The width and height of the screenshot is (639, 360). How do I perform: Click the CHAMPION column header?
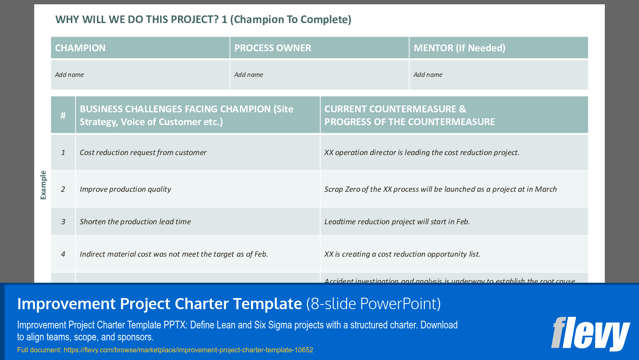(x=80, y=48)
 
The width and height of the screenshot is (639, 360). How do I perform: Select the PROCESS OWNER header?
(x=273, y=48)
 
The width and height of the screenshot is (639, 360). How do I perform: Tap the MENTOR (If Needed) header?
(x=459, y=48)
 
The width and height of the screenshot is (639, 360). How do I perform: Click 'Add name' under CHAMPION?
(x=70, y=75)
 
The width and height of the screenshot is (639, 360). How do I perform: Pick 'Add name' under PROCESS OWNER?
(x=249, y=75)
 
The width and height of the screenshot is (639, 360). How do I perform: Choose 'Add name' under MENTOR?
(x=428, y=75)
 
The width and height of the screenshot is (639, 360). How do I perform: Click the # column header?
(x=63, y=115)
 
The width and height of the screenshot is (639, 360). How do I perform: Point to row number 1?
(x=63, y=152)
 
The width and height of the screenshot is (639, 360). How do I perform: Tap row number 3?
(x=63, y=222)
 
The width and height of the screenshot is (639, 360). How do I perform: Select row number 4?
(x=63, y=254)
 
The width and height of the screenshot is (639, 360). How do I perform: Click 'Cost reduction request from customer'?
(x=143, y=152)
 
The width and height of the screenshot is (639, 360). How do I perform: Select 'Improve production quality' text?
(x=125, y=189)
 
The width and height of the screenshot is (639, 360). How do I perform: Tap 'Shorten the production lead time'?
(x=135, y=222)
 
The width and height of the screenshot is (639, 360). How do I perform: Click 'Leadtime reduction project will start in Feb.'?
(x=397, y=222)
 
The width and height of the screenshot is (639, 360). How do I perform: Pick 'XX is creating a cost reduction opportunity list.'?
(x=402, y=254)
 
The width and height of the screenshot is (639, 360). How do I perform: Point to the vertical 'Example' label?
(x=43, y=185)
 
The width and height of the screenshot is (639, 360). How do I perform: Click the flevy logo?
(x=590, y=334)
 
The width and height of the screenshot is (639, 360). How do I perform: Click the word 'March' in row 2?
(x=546, y=189)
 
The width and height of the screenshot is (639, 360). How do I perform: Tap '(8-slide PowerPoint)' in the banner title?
(x=373, y=304)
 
